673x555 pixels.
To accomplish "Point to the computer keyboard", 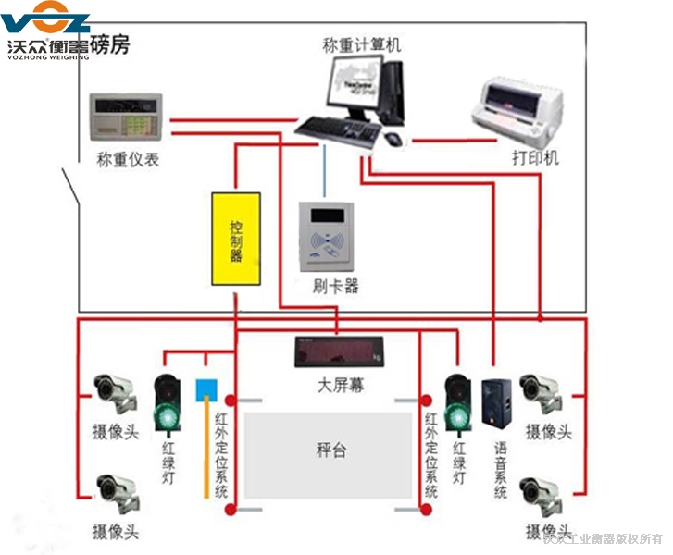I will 340,131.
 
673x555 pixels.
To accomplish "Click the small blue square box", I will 205,388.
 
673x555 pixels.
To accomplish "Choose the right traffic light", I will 457,400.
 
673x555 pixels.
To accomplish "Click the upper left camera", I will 116,392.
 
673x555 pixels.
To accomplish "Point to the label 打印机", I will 536,157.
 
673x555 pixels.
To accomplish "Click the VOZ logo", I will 45,20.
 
